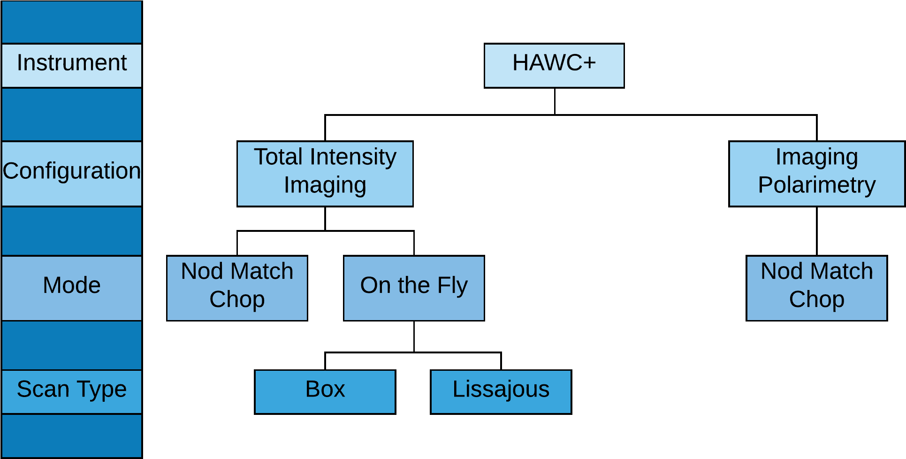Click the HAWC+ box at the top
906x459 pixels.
coord(554,66)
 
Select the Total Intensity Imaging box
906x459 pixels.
coord(325,174)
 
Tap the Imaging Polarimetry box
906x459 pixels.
coord(817,174)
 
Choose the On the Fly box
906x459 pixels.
coord(414,288)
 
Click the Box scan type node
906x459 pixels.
coord(325,392)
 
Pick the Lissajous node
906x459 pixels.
coord(501,392)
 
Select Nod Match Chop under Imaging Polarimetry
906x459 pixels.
coord(817,288)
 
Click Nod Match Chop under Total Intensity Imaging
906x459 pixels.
coord(237,288)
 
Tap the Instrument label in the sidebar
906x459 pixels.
coord(72,63)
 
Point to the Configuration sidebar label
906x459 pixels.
coord(72,171)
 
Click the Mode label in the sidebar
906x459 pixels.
coord(72,285)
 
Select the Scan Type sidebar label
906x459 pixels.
coord(72,389)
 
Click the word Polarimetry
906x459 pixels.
coord(817,185)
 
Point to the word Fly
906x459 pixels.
coord(453,286)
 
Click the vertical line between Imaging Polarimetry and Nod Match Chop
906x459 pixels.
coord(817,231)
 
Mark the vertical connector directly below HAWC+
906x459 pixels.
coord(555,101)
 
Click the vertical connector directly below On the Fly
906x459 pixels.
coord(414,337)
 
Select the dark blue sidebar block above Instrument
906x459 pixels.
coord(72,22)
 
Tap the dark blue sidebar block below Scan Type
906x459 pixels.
coord(72,436)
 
